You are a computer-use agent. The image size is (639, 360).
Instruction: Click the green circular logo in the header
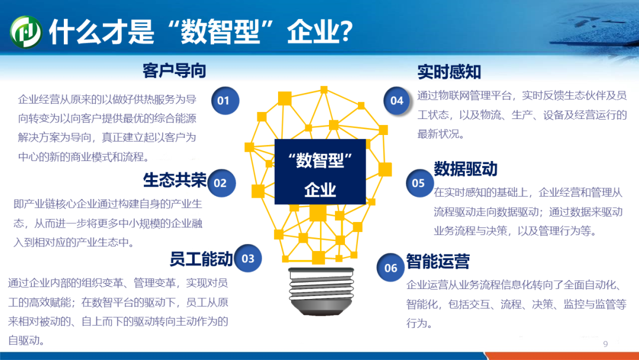pyautogui.click(x=26, y=32)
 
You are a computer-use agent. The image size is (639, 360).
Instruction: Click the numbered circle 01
pyautogui.click(x=225, y=101)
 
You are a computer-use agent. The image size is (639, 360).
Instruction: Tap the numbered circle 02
pyautogui.click(x=221, y=183)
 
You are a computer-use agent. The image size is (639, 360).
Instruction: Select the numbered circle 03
pyautogui.click(x=248, y=258)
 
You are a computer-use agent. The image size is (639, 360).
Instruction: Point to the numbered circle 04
pyautogui.click(x=397, y=101)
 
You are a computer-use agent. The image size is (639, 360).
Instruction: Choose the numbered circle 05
pyautogui.click(x=419, y=183)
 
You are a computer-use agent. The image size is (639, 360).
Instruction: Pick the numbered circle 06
pyautogui.click(x=390, y=268)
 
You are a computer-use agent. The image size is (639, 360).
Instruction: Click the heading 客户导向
pyautogui.click(x=174, y=71)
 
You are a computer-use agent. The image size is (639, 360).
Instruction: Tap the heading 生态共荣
pyautogui.click(x=175, y=180)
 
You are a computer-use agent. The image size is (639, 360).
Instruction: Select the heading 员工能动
pyautogui.click(x=201, y=259)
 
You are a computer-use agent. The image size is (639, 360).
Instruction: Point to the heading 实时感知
pyautogui.click(x=449, y=72)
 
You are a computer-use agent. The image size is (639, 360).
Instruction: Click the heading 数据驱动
pyautogui.click(x=466, y=169)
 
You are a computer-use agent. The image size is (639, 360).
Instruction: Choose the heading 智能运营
pyautogui.click(x=438, y=261)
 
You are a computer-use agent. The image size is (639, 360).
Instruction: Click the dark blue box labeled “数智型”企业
pyautogui.click(x=320, y=172)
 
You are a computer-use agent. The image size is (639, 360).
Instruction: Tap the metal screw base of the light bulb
pyautogui.click(x=321, y=291)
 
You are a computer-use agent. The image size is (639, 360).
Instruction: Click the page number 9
pyautogui.click(x=606, y=344)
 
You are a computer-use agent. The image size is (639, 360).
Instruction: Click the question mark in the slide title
pyautogui.click(x=346, y=31)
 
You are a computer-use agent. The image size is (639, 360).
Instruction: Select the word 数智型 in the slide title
pyautogui.click(x=221, y=31)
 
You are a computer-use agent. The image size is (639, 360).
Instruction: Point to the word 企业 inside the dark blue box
pyautogui.click(x=320, y=189)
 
